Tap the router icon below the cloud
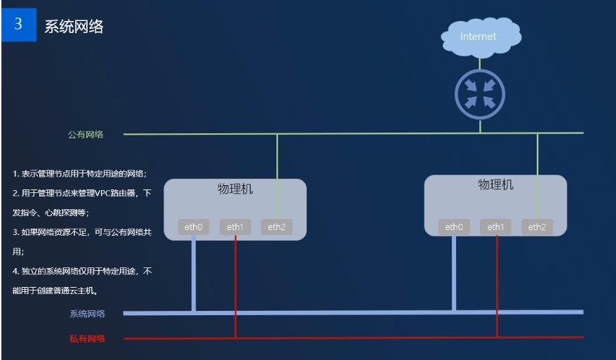click(480, 94)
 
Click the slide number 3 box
click(18, 25)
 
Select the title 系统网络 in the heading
click(74, 27)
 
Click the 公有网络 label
click(86, 135)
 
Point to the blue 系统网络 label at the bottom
click(87, 314)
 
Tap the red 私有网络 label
click(87, 339)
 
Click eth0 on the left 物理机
click(193, 227)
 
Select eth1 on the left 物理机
click(235, 227)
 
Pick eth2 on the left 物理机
click(276, 227)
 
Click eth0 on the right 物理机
click(454, 227)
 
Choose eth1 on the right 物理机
click(496, 227)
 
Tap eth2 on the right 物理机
click(537, 227)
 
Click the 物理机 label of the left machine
click(235, 189)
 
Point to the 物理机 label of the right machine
click(495, 185)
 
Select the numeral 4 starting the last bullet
click(15, 270)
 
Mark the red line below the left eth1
click(236, 288)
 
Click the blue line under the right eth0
click(454, 274)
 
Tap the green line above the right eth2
click(537, 175)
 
